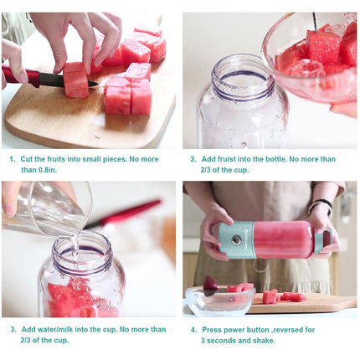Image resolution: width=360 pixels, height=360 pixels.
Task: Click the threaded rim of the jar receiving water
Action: [81, 248]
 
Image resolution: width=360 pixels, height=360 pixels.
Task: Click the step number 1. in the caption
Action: [13, 158]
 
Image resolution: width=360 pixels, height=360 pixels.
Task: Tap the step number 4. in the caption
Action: [193, 329]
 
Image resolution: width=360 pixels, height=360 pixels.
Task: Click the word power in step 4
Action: [241, 329]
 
